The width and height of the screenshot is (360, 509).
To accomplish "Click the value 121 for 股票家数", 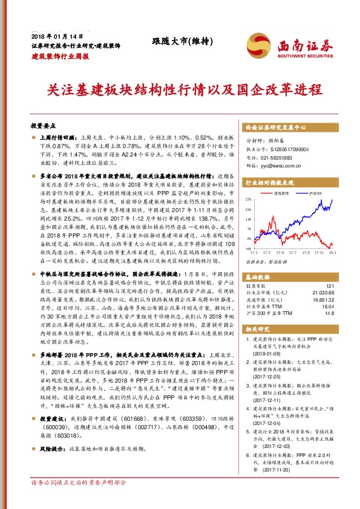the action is click(x=329, y=285).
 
